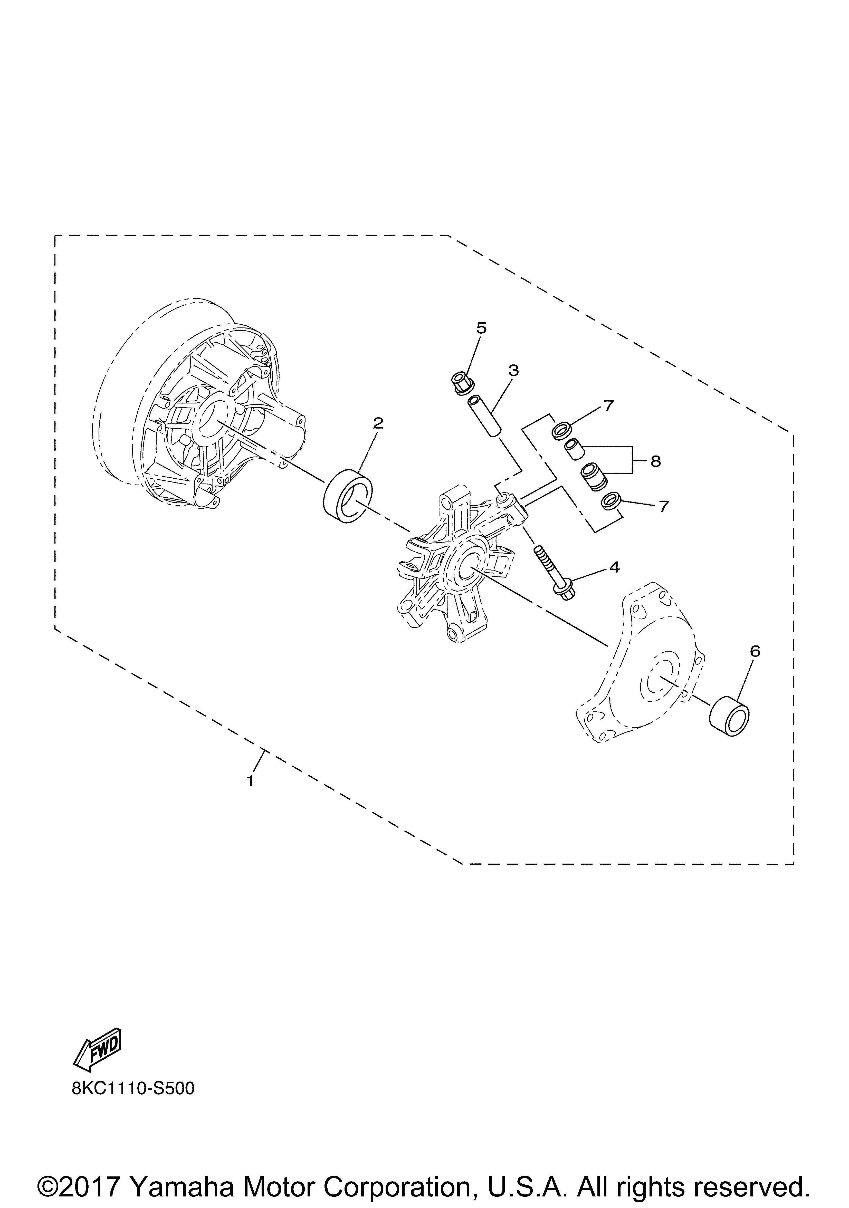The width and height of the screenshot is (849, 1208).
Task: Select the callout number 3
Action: click(513, 370)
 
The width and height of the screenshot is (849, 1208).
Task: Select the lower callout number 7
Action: click(663, 506)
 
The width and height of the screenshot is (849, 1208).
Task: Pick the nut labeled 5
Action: click(462, 382)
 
